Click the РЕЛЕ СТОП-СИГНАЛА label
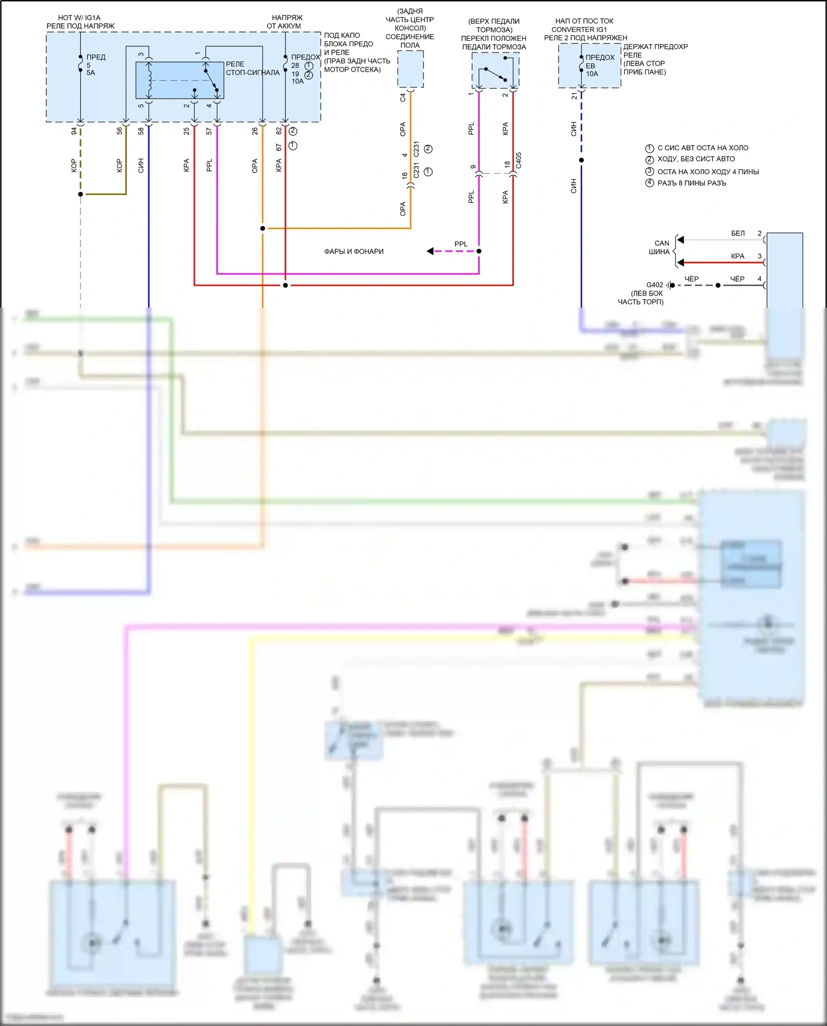click(252, 68)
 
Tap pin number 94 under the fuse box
click(74, 131)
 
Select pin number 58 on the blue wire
click(141, 131)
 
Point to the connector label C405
click(519, 160)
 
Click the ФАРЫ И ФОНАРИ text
click(353, 251)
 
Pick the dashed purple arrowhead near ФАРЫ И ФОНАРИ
click(430, 251)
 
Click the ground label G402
click(654, 285)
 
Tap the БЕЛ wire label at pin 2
click(738, 234)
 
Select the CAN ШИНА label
click(660, 248)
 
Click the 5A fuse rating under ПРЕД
click(91, 73)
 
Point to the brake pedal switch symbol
click(495, 74)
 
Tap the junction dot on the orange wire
click(262, 228)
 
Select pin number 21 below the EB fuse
click(574, 96)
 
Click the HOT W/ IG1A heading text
click(79, 18)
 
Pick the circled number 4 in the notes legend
click(649, 183)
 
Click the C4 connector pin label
click(402, 98)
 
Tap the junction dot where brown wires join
click(80, 194)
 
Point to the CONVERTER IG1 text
click(579, 29)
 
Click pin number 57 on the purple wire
click(209, 131)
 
